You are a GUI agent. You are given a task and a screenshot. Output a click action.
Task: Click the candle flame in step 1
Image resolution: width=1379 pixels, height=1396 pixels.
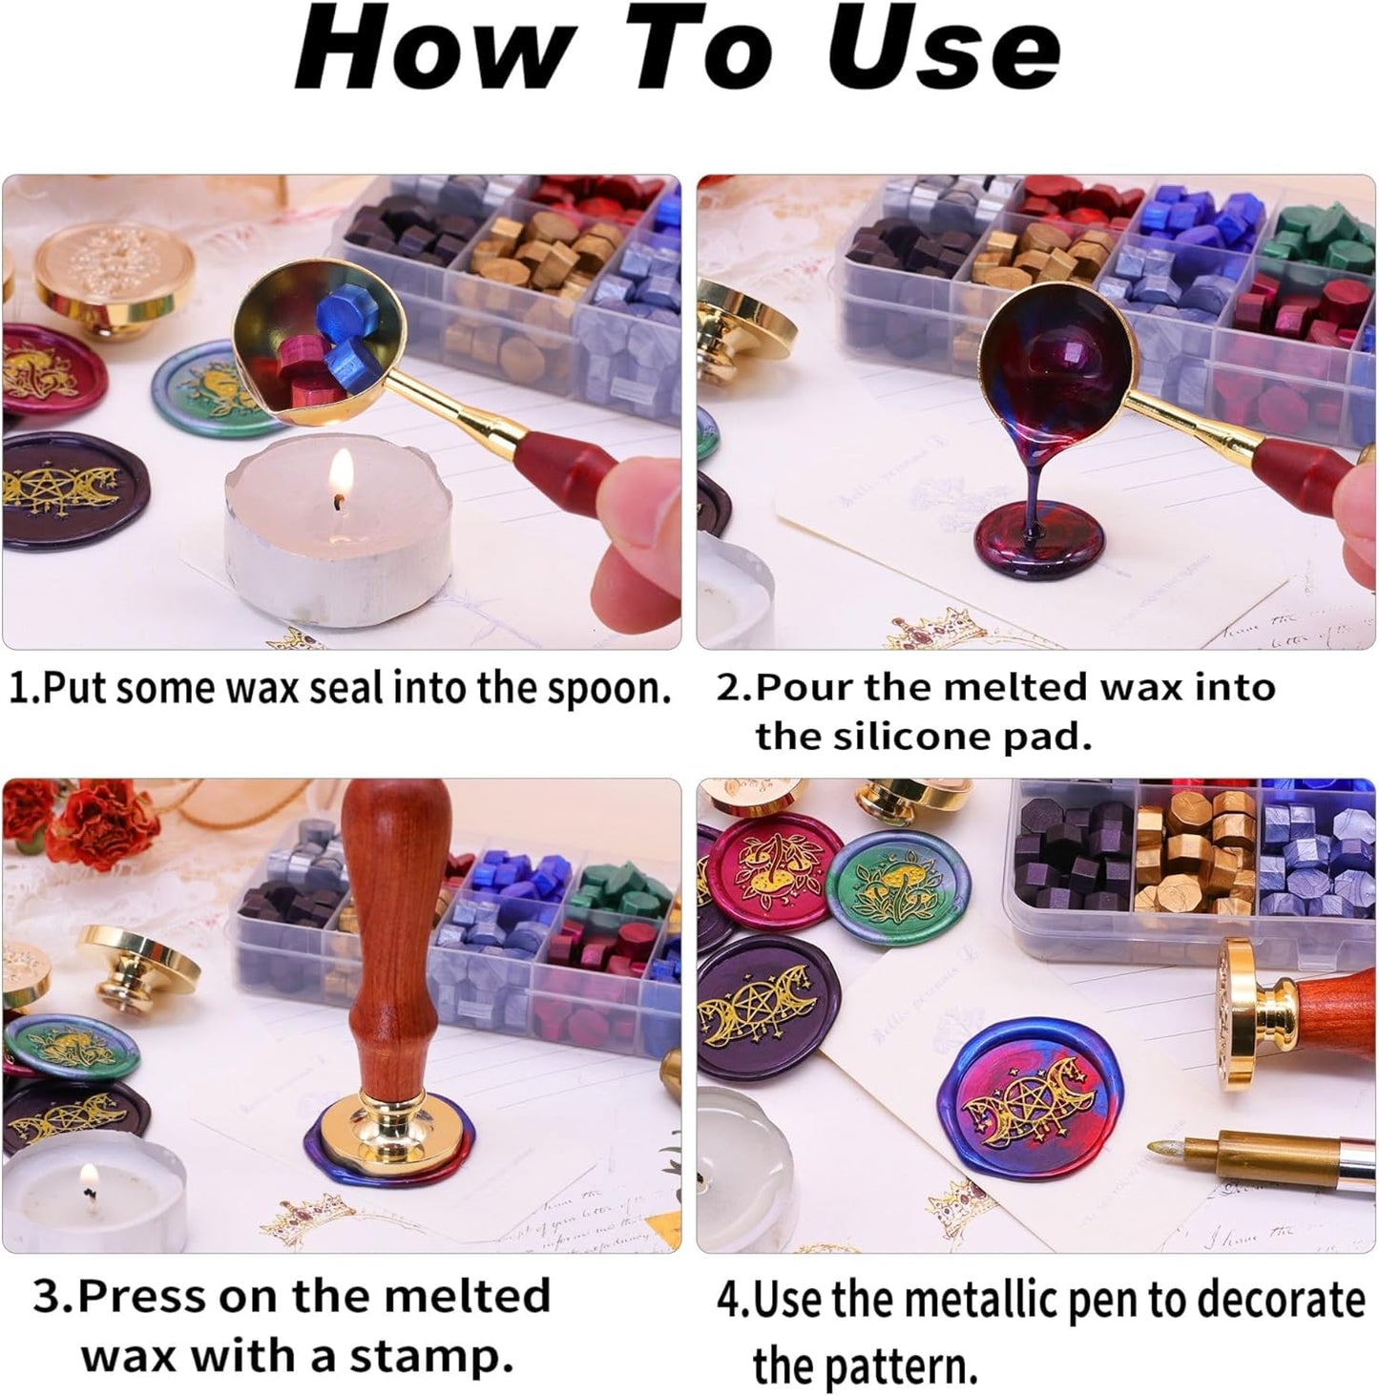(342, 475)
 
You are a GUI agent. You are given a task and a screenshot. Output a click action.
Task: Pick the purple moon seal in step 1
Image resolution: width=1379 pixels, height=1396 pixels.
(72, 490)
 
